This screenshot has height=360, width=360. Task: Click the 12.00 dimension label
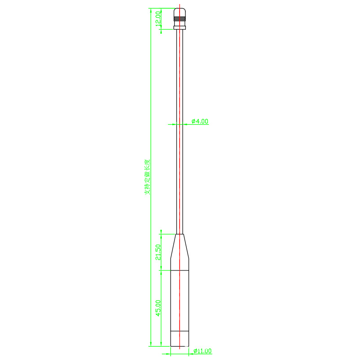coord(158,19)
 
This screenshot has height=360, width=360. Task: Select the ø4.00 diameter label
coord(200,121)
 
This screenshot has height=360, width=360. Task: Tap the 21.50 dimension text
coord(158,252)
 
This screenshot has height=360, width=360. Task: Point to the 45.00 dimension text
coord(158,308)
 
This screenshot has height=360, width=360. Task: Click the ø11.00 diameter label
coord(202,351)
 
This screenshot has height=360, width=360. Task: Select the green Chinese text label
coord(148,177)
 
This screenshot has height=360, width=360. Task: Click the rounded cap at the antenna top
coord(180,12)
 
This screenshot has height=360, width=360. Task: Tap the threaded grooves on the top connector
coord(180,18)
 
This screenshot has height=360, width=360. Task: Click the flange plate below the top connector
coord(180,27)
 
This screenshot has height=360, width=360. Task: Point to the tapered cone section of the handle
coord(180,246)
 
